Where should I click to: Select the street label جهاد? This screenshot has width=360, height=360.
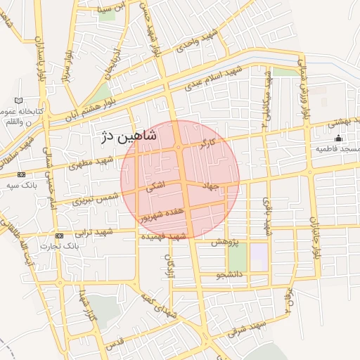click(212, 186)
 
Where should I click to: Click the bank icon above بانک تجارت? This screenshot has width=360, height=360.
click(58, 236)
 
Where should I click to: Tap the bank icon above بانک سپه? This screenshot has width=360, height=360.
click(21, 174)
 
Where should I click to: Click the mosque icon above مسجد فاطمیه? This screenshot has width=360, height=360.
click(338, 138)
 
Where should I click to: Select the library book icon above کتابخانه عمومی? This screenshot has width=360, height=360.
click(18, 101)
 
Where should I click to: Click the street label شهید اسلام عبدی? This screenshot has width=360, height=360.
click(214, 79)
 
